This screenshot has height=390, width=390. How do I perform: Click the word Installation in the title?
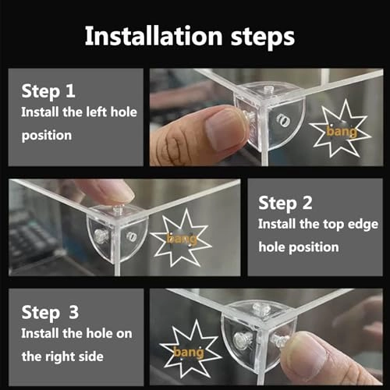pos(154,36)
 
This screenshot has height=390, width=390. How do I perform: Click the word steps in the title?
pos(263,37)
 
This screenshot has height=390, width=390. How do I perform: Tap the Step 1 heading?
pos(48,92)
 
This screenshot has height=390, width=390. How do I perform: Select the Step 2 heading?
pos(285,204)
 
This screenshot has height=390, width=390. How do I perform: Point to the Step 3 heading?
pos(50,313)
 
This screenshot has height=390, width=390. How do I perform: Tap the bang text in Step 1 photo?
pos(342,131)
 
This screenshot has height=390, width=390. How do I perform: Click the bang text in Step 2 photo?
pos(182,239)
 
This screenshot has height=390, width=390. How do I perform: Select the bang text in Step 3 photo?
pos(189,353)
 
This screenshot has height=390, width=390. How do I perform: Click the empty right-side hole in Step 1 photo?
pos(284,120)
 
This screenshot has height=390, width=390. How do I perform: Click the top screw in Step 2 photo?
pos(118,210)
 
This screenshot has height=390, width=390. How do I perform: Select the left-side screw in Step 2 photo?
pos(101,236)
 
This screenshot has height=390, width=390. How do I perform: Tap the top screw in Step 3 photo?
pos(260,309)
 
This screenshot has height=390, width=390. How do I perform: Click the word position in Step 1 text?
pos(47,136)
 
